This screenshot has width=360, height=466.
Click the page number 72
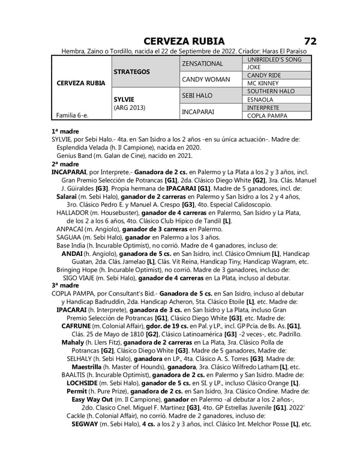tap(310, 41)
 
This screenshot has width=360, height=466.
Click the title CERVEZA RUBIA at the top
tap(185, 41)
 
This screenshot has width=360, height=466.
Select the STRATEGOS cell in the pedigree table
tap(131, 71)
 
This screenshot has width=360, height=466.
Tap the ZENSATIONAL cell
tap(203, 63)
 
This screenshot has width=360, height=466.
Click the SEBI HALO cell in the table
tap(197, 95)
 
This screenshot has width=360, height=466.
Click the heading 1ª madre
tap(65, 130)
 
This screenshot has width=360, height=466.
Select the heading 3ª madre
tap(65, 285)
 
